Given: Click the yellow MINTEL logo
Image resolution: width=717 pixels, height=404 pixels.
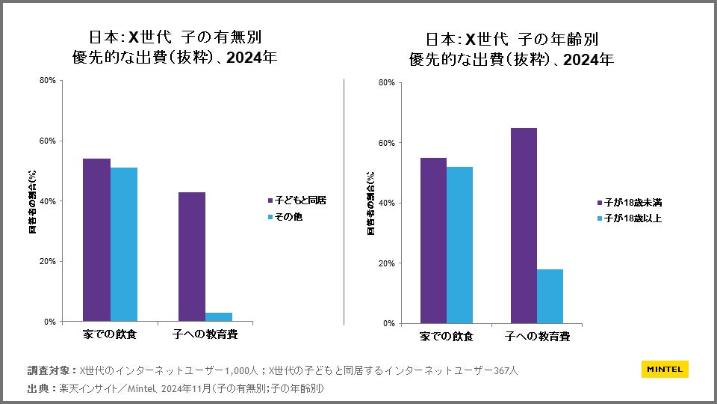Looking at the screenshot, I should [x=665, y=369].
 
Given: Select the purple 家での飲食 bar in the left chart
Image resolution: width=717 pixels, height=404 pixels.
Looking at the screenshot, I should [x=96, y=240].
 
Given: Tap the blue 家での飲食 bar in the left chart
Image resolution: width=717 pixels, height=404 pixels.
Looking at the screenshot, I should [x=124, y=245].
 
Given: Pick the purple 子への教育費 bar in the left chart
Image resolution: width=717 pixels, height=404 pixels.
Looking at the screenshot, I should [x=192, y=257].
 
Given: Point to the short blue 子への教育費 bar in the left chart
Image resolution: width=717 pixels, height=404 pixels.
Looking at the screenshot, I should [x=219, y=317].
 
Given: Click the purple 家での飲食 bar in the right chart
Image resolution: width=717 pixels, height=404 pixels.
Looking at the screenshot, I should [x=433, y=241].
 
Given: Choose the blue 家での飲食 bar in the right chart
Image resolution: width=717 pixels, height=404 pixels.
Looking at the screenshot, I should [x=460, y=245].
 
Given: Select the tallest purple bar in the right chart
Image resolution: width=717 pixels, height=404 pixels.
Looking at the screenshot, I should [x=524, y=226].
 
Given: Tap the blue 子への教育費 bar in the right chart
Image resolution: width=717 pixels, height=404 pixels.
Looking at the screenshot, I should [x=550, y=296].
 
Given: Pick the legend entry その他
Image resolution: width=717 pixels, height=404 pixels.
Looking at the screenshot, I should [x=288, y=217].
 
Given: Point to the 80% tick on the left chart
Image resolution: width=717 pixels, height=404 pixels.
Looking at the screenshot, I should [x=48, y=81].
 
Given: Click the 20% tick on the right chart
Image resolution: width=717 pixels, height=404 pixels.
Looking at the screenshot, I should [x=386, y=263].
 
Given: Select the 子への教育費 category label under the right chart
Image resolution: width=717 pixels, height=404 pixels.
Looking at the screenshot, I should [x=538, y=337].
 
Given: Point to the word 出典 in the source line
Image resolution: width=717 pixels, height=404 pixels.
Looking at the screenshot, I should [x=38, y=388].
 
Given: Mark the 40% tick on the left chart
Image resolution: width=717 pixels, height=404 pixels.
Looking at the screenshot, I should [x=48, y=201].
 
